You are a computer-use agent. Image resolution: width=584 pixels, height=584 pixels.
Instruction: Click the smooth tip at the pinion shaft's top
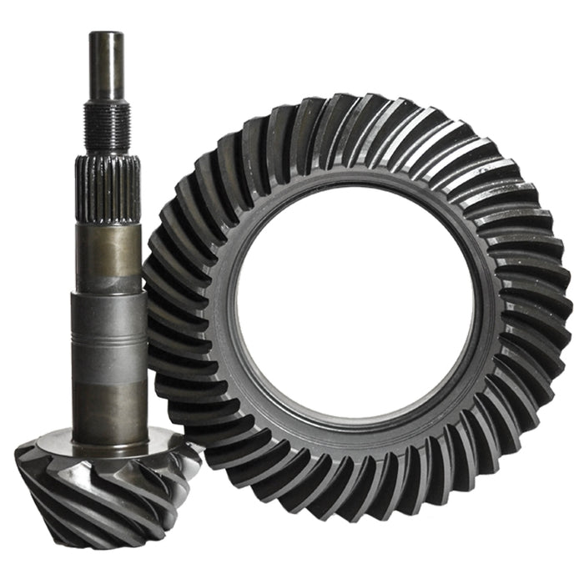tap(107, 63)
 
